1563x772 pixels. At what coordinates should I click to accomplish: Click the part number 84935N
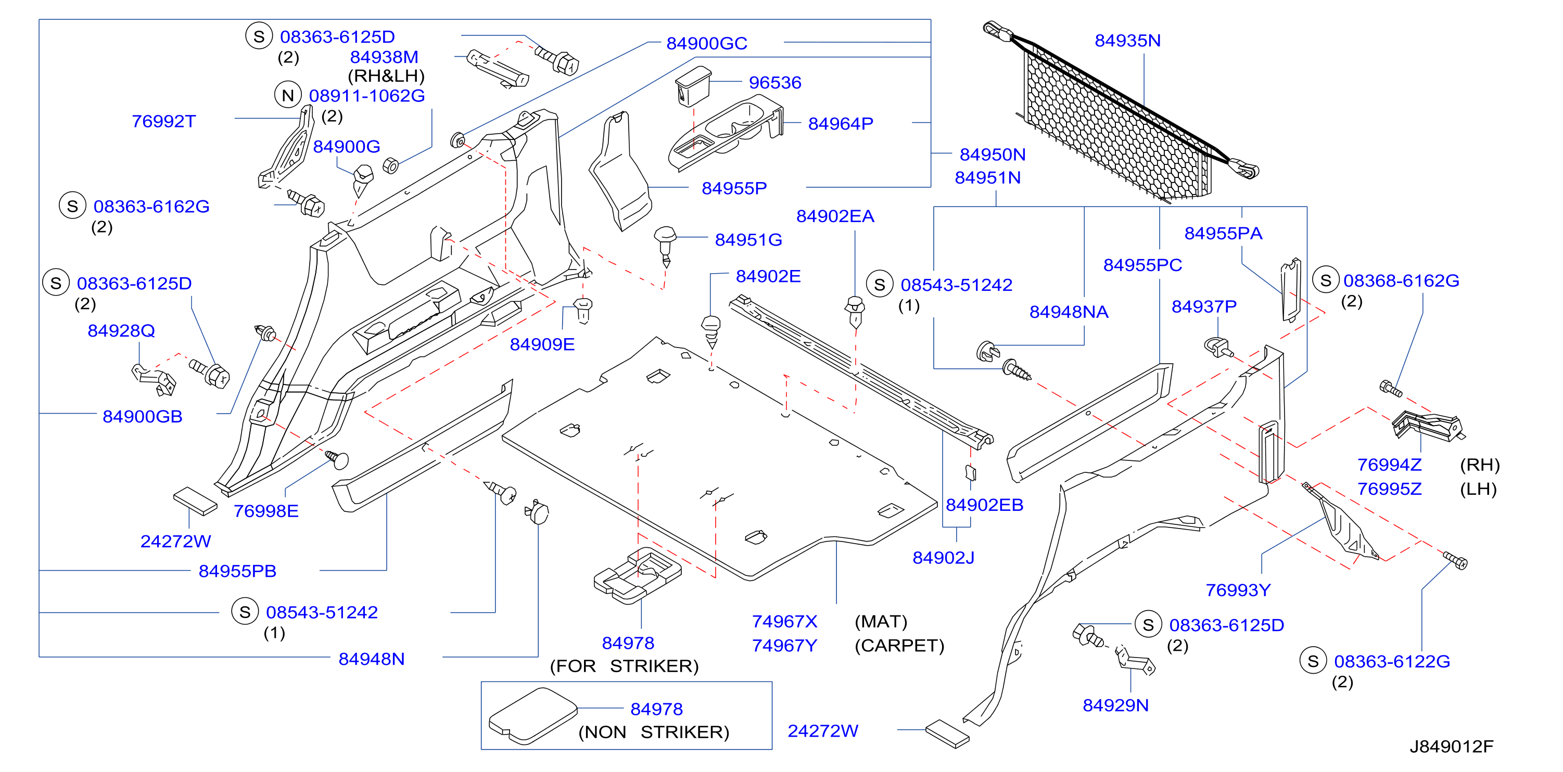[x=1127, y=41]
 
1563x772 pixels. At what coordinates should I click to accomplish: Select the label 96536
[x=775, y=83]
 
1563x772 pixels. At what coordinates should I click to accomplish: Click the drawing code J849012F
[x=1451, y=747]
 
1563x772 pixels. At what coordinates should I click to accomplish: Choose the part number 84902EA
[x=835, y=216]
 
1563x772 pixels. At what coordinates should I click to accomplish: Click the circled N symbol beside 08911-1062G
[x=288, y=95]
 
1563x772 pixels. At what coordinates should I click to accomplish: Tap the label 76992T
[x=164, y=121]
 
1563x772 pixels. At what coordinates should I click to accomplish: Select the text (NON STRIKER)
[x=654, y=732]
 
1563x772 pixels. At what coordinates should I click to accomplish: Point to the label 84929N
[x=1116, y=705]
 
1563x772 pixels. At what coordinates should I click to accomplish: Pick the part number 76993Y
[x=1238, y=590]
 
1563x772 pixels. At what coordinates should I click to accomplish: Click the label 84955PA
[x=1223, y=234]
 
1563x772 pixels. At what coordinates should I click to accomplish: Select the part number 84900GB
[x=143, y=417]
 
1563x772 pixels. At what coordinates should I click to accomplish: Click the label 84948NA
[x=1069, y=312]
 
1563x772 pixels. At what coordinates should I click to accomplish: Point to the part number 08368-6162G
[x=1401, y=281]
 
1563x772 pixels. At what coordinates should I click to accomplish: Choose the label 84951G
[x=748, y=240]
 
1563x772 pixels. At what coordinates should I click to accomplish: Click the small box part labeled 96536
[x=693, y=85]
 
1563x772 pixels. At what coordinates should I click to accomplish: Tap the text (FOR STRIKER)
[x=624, y=666]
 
